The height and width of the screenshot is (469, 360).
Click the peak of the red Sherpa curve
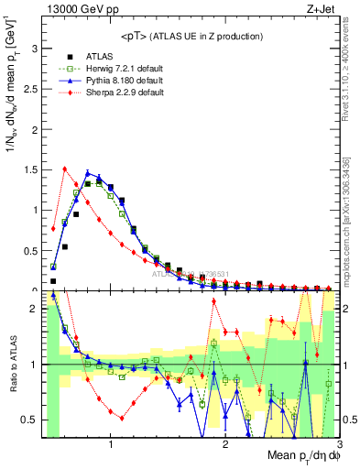click(64, 168)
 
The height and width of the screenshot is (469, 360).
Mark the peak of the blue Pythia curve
click(88, 172)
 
